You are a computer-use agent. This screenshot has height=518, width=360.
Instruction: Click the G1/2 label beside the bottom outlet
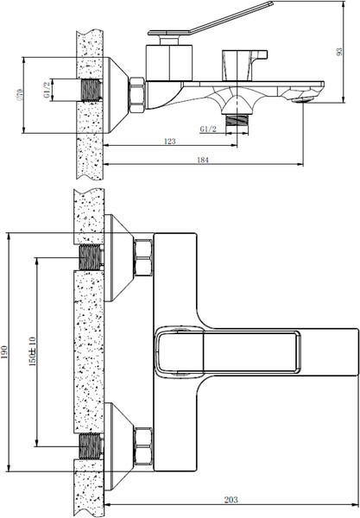point(207,129)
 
